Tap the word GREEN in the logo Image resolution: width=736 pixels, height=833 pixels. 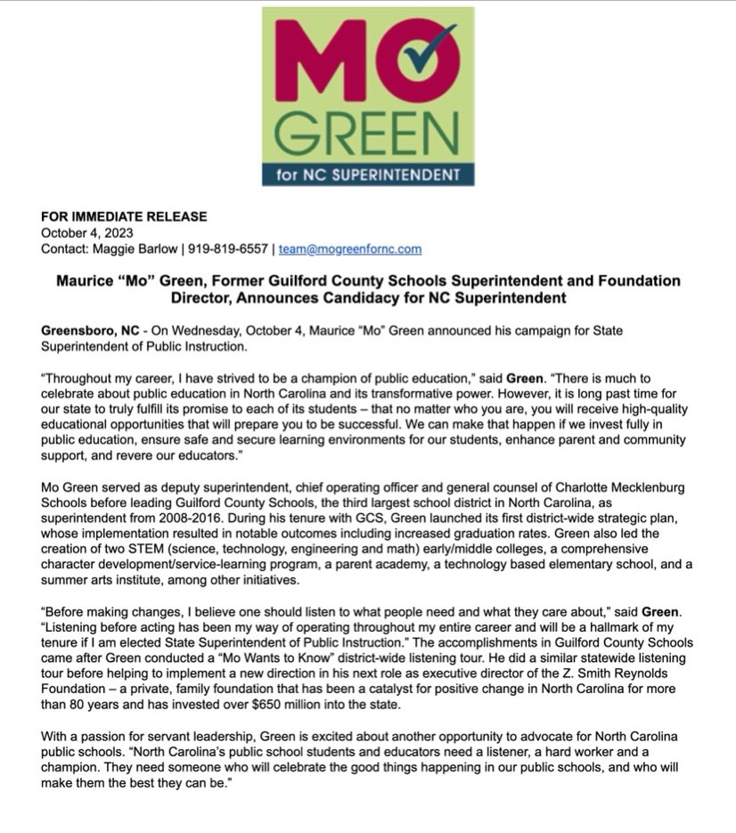point(367,131)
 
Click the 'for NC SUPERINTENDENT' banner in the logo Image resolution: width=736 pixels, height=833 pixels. point(367,173)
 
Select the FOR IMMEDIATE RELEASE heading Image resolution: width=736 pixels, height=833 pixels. point(124,216)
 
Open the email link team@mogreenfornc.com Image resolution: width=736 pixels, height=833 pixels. point(350,249)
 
